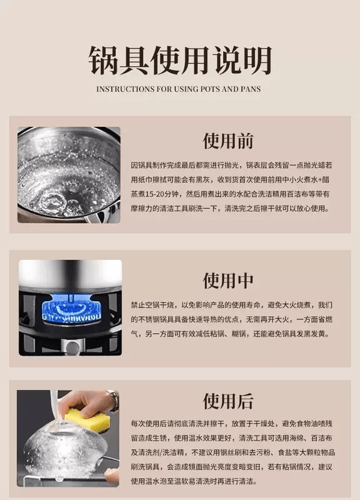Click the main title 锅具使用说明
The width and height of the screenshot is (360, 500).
tap(180, 60)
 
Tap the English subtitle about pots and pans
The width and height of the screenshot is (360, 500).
tap(179, 89)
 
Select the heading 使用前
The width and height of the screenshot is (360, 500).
tap(228, 141)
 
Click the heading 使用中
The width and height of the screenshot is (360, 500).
tap(228, 281)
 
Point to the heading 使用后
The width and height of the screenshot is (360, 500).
tap(228, 401)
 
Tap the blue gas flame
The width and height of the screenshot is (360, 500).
tap(71, 308)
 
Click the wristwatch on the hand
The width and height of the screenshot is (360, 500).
tap(113, 400)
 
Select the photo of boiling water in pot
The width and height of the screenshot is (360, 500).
tap(69, 175)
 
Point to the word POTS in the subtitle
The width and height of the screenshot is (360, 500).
tap(210, 89)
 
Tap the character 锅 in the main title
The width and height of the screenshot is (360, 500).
tap(102, 60)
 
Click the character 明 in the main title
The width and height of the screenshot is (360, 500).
tap(257, 60)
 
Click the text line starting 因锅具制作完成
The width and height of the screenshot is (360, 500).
tap(231, 165)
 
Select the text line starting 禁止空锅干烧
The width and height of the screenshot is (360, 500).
tap(231, 305)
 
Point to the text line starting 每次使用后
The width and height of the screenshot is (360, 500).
tap(231, 424)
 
